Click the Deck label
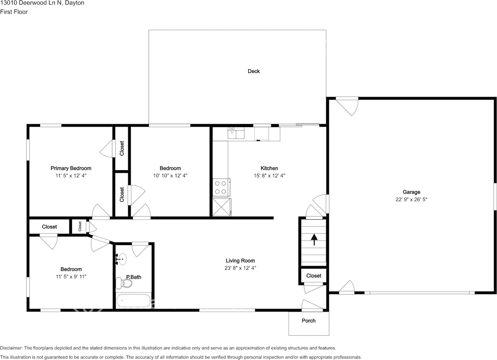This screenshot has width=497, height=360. [x=254, y=71]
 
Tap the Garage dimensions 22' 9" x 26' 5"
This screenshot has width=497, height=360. [x=411, y=199]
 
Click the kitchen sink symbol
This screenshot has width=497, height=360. [x=236, y=133]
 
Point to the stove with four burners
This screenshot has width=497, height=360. [x=221, y=188]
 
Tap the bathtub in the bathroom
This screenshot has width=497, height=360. [x=133, y=301]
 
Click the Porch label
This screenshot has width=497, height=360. [x=309, y=321]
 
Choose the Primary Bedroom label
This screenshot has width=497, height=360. [x=71, y=168]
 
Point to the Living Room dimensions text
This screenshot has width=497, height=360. [x=240, y=268]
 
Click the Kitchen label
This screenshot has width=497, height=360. [x=269, y=168]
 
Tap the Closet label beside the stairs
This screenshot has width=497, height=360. [x=314, y=276]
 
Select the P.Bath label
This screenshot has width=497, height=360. [x=134, y=277]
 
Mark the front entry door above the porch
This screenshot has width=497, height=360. [x=312, y=306]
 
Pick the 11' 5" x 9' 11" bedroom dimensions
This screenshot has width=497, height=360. [x=71, y=277]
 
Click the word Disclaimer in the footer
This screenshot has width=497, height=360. [x=11, y=348]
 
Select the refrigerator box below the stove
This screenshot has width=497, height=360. [x=221, y=207]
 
